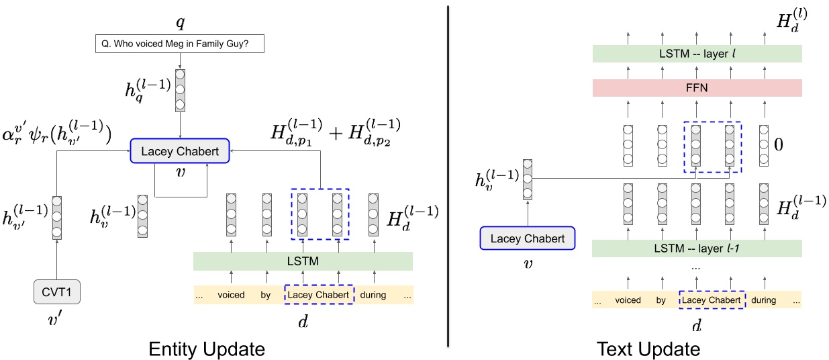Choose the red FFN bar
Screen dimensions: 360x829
(x=697, y=87)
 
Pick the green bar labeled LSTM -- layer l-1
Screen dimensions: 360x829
(x=697, y=249)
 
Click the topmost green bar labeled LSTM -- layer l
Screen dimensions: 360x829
(x=697, y=53)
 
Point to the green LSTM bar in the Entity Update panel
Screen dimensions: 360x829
(x=303, y=261)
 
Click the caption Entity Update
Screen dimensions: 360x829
(x=206, y=349)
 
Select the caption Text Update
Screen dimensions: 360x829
(x=648, y=349)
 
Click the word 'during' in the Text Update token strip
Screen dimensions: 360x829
(x=766, y=300)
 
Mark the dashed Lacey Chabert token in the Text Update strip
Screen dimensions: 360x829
(x=712, y=300)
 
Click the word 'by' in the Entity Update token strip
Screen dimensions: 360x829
(x=265, y=295)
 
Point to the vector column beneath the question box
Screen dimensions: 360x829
(x=180, y=90)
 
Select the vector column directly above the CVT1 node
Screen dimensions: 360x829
(x=56, y=218)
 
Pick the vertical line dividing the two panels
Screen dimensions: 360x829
(x=447, y=175)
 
